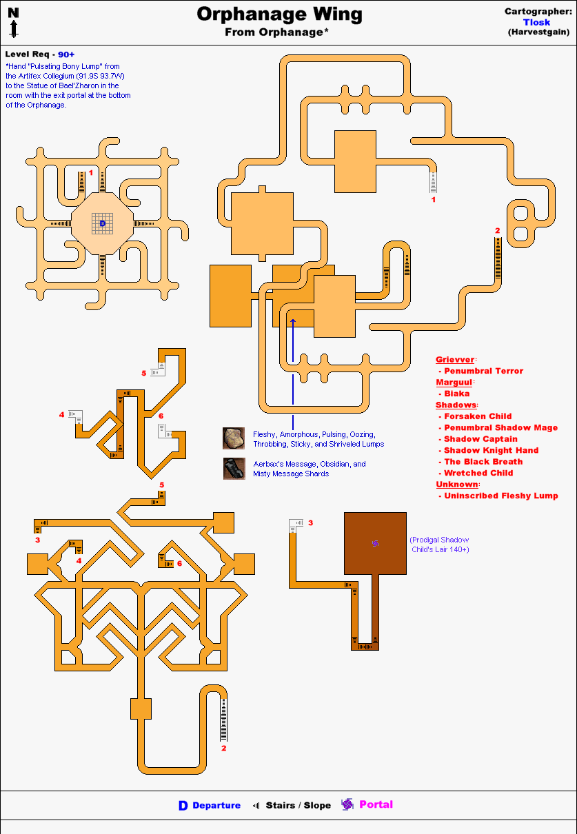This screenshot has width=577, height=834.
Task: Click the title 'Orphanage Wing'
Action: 279,14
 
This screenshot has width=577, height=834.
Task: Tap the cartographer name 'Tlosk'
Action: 536,22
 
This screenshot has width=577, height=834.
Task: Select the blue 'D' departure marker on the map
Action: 103,223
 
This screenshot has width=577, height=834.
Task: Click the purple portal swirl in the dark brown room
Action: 375,544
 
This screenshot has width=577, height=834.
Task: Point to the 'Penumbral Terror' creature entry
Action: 483,371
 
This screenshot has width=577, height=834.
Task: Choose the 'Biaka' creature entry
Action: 456,394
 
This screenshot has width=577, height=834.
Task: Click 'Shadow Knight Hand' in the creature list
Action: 491,450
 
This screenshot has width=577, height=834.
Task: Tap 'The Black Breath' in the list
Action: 483,462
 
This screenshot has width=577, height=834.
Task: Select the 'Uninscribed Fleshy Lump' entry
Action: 500,496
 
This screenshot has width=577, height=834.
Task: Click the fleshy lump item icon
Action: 234,438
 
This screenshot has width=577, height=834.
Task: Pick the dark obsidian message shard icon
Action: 234,469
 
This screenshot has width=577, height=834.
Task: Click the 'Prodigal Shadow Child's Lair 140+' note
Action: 439,545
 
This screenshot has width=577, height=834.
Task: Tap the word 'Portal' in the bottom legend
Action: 376,804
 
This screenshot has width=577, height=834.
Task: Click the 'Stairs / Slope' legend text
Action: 298,805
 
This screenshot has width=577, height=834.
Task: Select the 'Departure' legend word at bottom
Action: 216,805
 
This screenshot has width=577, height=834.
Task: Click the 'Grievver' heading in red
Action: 455,360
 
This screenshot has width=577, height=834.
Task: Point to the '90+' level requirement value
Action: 66,54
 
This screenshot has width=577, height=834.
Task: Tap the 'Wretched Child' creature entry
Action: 478,473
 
